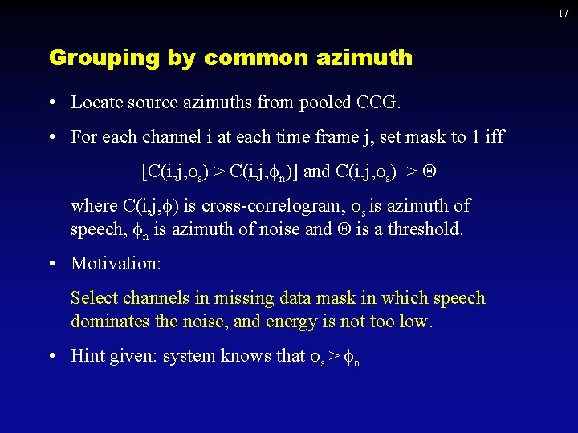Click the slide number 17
click(564, 14)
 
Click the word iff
click(494, 136)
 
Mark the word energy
click(309, 322)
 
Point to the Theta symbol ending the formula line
click(439, 171)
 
